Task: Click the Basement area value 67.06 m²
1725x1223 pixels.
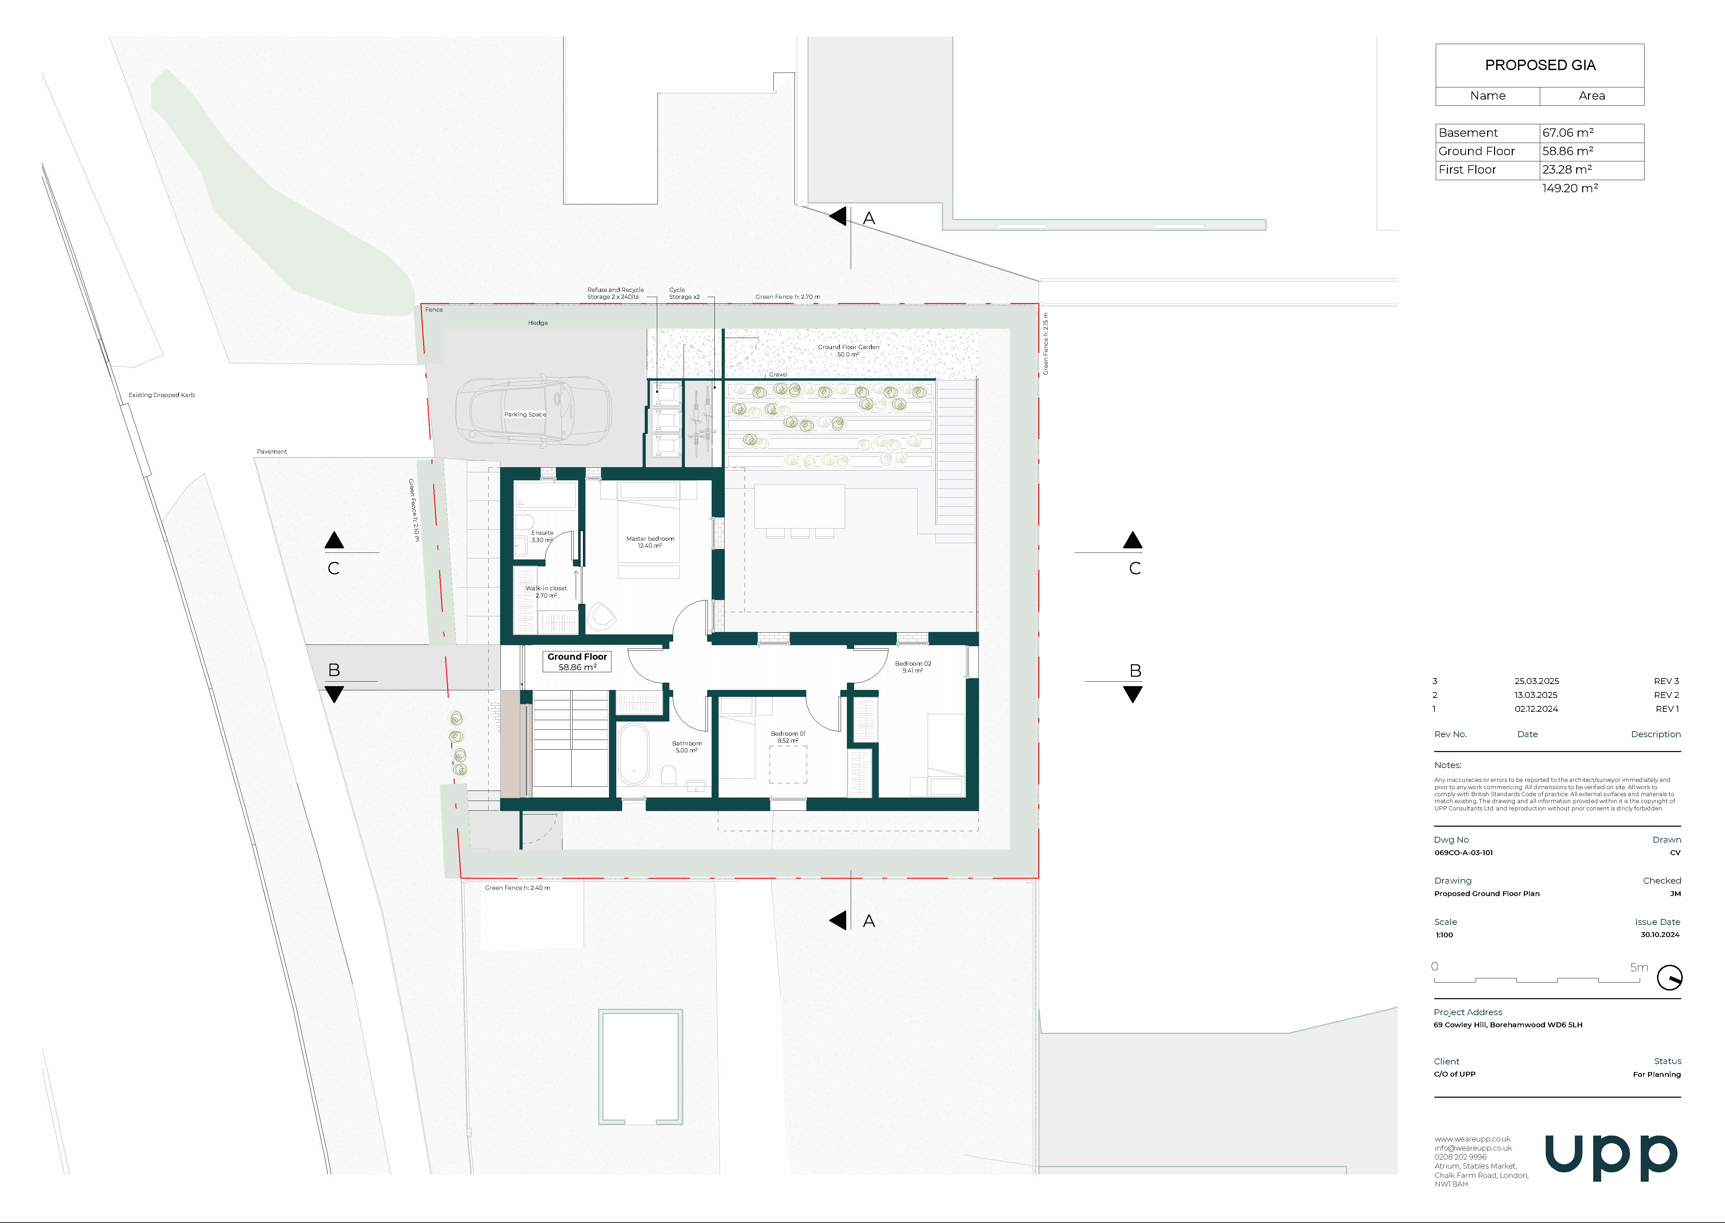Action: point(1568,133)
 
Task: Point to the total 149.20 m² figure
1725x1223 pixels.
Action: point(1570,188)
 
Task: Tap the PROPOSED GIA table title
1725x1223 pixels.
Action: point(1540,66)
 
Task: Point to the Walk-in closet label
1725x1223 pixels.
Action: point(547,592)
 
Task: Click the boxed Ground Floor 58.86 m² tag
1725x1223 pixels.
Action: point(577,662)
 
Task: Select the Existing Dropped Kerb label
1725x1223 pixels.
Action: point(161,395)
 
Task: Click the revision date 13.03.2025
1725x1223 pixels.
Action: point(1536,695)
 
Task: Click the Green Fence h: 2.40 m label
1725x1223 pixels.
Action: point(518,888)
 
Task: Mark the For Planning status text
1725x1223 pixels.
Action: point(1657,1075)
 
